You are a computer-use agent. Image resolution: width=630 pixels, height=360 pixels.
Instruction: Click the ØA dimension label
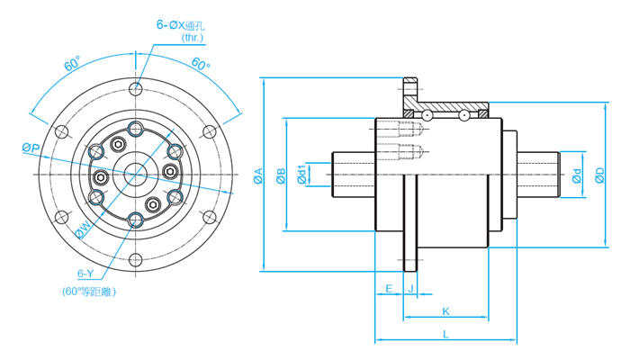pos(258,175)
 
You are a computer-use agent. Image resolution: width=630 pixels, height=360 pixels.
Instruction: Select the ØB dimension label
pos(281,175)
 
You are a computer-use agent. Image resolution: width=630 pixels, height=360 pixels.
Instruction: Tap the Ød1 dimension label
pos(301,175)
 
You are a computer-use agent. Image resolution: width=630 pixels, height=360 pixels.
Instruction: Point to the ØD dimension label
pos(599,175)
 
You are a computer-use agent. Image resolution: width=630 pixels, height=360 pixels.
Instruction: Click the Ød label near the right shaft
pos(577,176)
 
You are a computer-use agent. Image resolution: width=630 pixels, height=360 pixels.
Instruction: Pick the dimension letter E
pos(389,289)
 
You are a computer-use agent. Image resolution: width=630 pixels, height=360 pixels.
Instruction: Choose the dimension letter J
pos(410,289)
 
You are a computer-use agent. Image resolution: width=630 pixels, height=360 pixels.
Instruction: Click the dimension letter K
pos(445,311)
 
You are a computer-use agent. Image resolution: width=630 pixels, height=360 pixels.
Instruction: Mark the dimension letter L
pos(445,334)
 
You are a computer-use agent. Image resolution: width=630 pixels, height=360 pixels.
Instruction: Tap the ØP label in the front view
pos(31,148)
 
